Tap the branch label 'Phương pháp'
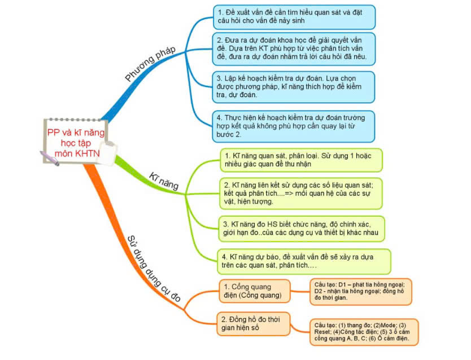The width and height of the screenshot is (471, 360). [150, 63]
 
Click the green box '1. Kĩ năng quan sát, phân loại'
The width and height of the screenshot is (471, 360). [300, 160]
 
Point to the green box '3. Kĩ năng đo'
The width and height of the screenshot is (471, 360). [302, 227]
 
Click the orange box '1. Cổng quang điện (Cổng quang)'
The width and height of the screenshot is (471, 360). [254, 292]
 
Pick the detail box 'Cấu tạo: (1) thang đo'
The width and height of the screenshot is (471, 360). [364, 332]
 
